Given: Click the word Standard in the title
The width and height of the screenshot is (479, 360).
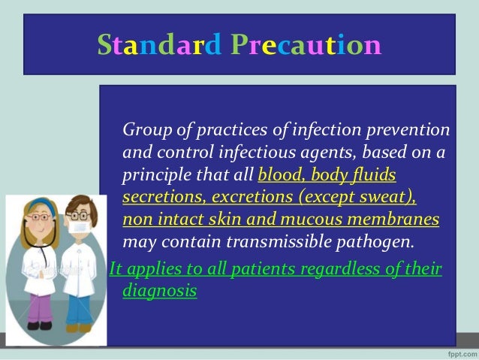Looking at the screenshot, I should click(x=155, y=46).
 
